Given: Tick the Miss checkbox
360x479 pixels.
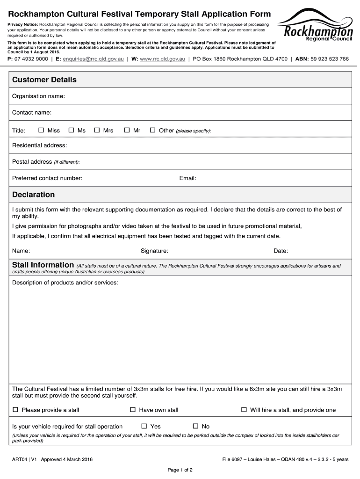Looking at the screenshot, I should (41, 131).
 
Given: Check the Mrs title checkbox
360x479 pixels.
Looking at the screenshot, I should (97, 131).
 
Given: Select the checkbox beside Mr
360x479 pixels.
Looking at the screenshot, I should (127, 131).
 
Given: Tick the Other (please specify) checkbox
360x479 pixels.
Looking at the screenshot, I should (152, 131).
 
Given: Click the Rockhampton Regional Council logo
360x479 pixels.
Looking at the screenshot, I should (316, 28).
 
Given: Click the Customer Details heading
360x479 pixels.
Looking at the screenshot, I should (44, 80).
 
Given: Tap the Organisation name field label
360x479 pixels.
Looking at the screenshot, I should (38, 96).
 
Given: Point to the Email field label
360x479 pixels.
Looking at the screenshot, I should (187, 178).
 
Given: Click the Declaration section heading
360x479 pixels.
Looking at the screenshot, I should (34, 195).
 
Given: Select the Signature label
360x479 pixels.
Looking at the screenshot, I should (154, 251).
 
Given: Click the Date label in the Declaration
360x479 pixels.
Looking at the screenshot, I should (281, 251).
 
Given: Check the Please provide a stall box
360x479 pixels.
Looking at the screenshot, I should (15, 410).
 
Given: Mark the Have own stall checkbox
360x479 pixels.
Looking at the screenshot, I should (133, 410).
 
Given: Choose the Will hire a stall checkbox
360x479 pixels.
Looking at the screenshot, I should (244, 410).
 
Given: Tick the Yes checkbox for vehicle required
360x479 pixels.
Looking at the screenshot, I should (144, 426).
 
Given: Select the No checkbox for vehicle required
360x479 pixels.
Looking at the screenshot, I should (195, 426).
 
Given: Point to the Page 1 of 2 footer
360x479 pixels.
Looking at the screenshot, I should (180, 470).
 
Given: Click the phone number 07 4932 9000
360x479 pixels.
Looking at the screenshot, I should (32, 59).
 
